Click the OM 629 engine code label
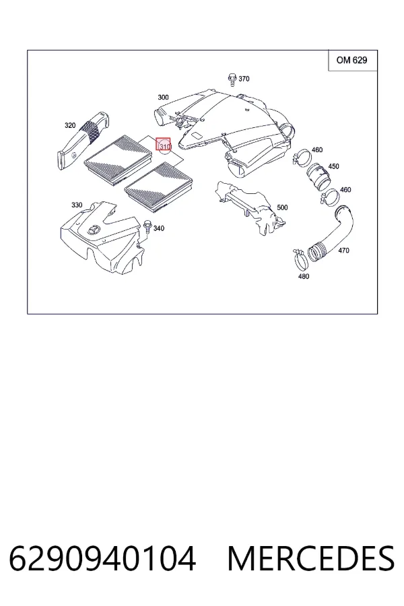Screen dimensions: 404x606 [x=351, y=61]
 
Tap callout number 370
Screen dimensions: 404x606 [x=244, y=79]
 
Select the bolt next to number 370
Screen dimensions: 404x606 [x=232, y=79]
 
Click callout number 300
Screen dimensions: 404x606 [x=163, y=98]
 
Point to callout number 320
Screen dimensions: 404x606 [x=70, y=125]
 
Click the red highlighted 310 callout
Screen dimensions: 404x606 [x=163, y=145]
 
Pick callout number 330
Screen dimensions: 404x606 [x=77, y=205]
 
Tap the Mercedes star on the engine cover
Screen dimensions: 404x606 [x=94, y=231]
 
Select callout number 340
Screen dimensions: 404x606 [x=158, y=228]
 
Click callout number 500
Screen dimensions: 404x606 [x=282, y=207]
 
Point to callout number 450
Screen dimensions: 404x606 [x=333, y=166]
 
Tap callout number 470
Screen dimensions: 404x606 [x=343, y=250]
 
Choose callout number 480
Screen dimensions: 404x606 [x=304, y=276]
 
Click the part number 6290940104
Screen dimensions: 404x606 [x=102, y=559]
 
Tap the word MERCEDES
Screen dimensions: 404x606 [x=311, y=559]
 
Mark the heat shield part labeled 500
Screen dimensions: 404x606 [x=249, y=207]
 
